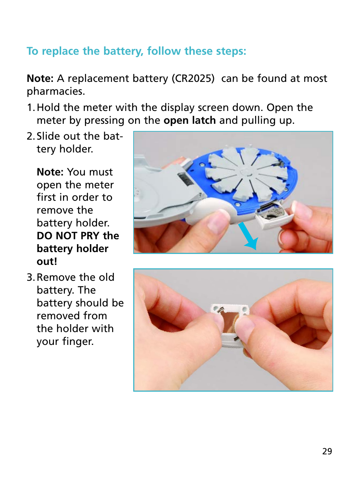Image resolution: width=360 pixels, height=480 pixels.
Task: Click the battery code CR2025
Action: (x=193, y=78)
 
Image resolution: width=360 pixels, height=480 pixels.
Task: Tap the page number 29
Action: (x=327, y=451)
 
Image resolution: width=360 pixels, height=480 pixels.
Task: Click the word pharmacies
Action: (x=55, y=91)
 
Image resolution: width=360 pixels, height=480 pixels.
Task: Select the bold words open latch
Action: (x=189, y=120)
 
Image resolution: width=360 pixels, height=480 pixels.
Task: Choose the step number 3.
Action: (x=31, y=277)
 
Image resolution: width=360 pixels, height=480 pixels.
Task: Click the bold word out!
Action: (x=47, y=262)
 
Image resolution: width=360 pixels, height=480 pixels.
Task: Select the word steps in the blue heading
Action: (x=231, y=51)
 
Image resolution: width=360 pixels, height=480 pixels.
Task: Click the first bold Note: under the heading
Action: (x=40, y=78)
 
